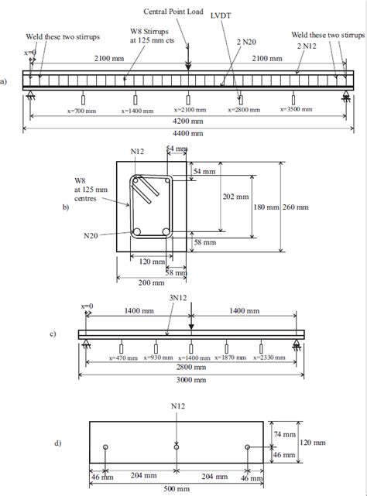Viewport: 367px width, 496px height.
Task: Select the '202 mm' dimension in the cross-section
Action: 235,196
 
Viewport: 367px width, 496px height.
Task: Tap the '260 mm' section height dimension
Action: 294,207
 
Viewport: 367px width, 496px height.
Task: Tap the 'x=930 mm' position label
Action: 156,358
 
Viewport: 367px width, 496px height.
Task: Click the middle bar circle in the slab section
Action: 177,447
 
